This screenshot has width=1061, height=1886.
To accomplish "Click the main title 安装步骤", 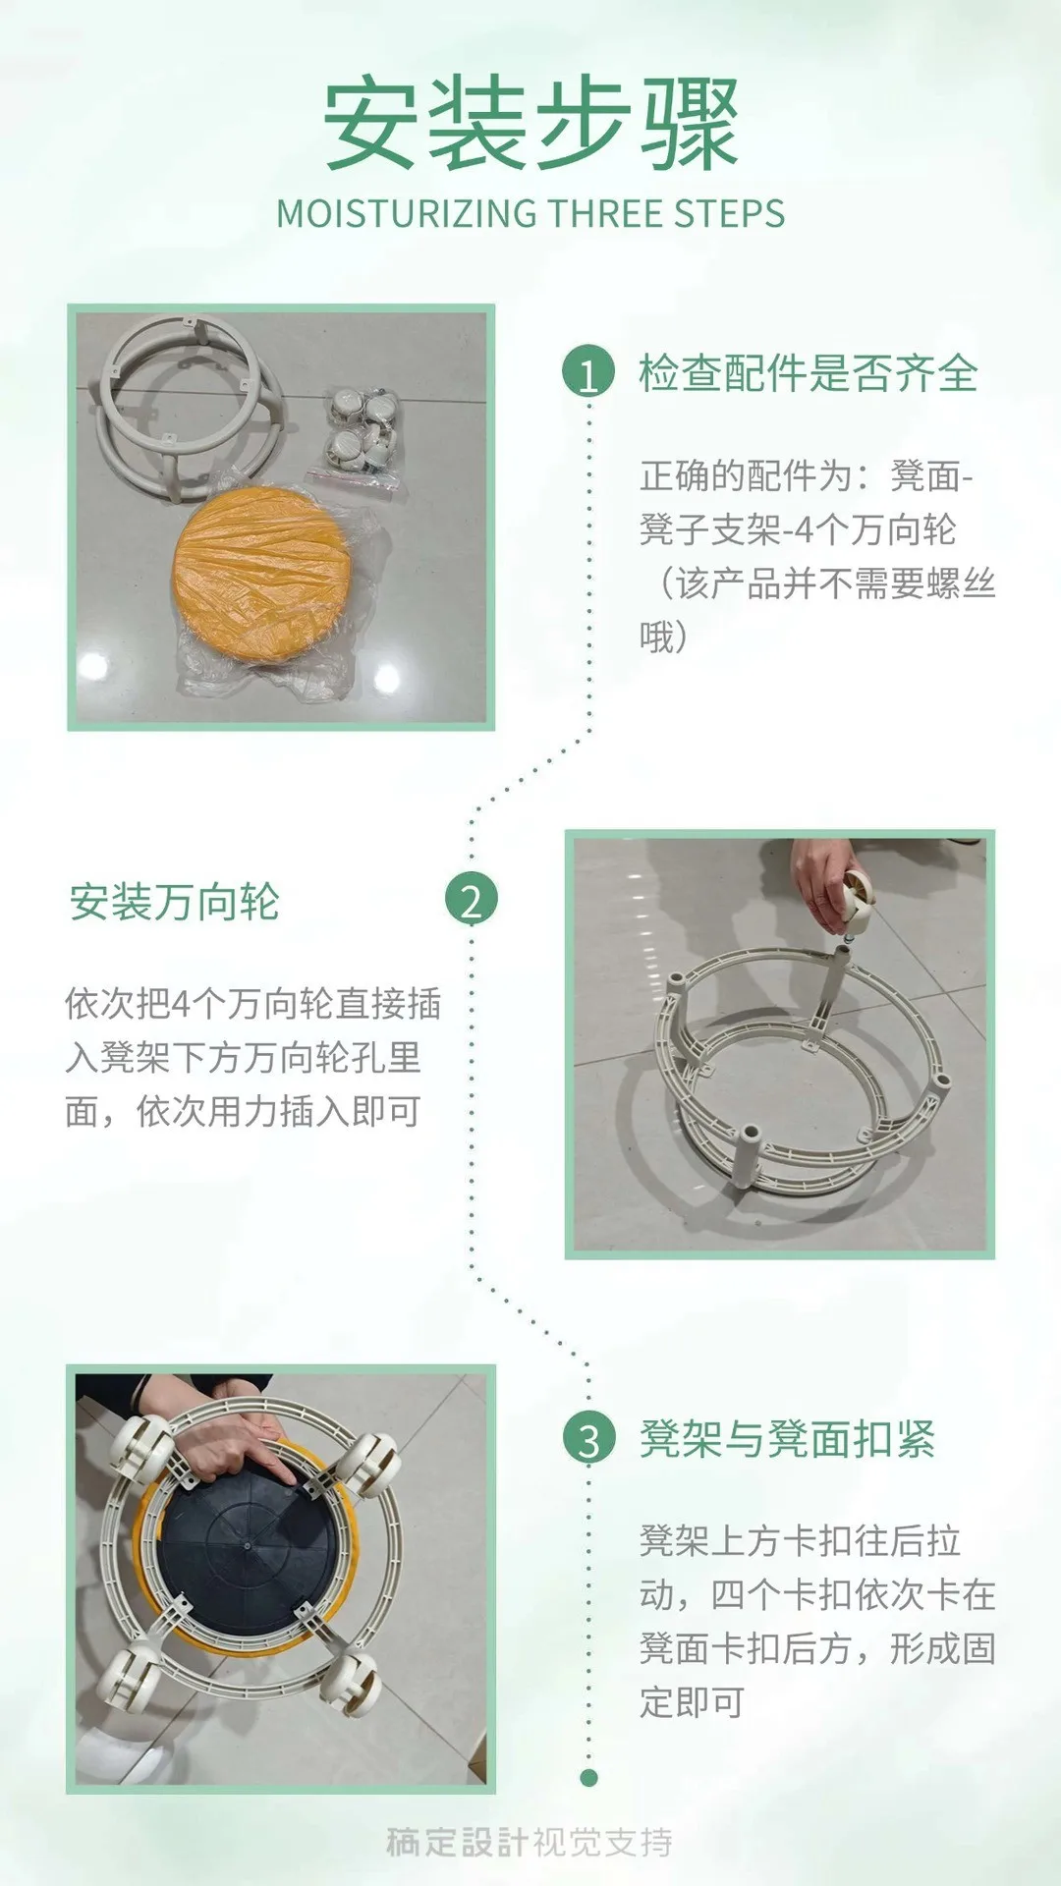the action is [530, 125].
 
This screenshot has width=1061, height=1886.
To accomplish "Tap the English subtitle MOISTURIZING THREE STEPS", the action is [530, 214].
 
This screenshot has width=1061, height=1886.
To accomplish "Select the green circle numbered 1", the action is [588, 373].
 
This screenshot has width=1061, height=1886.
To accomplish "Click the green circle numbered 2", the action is [472, 900].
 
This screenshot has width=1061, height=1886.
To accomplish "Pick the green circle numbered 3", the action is [588, 1439].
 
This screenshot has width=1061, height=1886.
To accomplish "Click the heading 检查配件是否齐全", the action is [808, 373].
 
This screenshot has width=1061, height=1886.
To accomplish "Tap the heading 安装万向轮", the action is [175, 902].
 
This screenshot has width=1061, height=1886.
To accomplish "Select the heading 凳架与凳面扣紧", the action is [787, 1439].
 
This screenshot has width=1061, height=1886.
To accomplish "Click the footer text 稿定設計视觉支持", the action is [530, 1842].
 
